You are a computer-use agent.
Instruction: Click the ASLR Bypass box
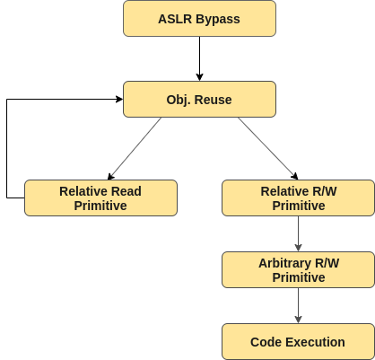coord(199,18)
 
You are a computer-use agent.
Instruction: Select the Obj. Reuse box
coord(199,99)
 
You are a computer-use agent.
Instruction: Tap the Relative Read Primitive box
coord(100,198)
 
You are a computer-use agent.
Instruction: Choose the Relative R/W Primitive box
coord(298,198)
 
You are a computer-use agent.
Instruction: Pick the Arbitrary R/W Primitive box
coord(298,269)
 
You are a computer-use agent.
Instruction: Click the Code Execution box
coord(298,341)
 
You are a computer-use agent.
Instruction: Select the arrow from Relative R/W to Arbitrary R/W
coord(298,233)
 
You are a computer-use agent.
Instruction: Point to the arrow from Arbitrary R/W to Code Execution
coord(298,305)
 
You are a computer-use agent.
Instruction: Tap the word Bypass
coord(218,19)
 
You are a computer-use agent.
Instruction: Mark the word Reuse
coord(214,100)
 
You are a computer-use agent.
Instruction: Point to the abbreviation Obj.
coord(179,100)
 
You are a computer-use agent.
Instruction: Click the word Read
coord(126,191)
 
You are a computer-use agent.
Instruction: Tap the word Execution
coord(315,342)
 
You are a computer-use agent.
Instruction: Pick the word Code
coord(266,342)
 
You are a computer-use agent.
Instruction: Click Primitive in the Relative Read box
coord(100,206)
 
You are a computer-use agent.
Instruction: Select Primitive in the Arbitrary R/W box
coord(298,277)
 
